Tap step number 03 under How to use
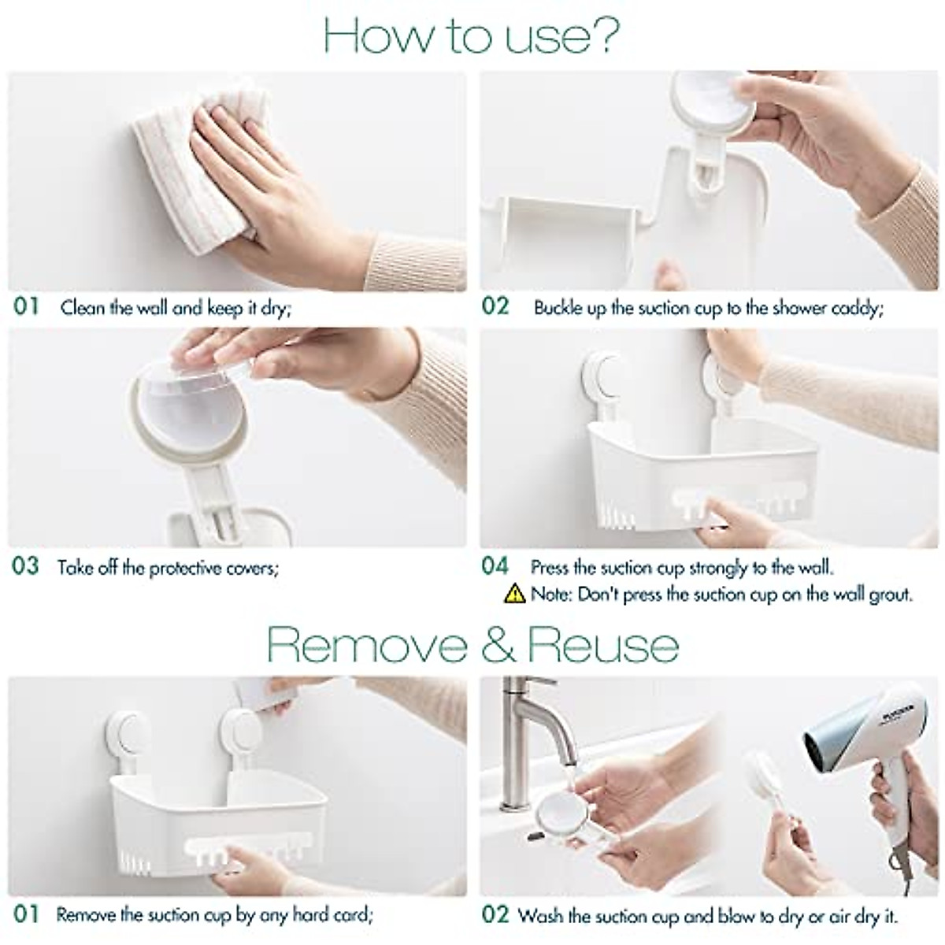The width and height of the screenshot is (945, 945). (x=25, y=566)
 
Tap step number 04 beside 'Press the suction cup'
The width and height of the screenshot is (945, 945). (x=495, y=566)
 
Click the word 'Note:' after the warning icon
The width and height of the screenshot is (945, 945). (x=552, y=595)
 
